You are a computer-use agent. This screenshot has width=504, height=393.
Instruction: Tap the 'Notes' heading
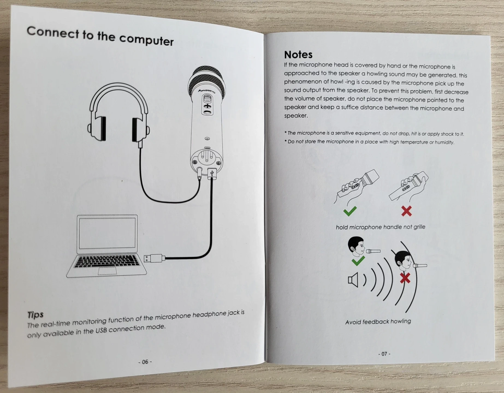(x=298, y=55)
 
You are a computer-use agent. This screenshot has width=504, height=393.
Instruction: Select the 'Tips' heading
(x=35, y=315)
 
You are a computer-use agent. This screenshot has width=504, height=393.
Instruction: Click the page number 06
(x=145, y=362)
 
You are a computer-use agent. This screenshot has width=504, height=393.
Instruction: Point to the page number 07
(x=384, y=354)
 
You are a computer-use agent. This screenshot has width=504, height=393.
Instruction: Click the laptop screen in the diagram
(x=107, y=233)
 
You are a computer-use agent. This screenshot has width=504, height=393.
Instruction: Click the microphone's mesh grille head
(x=207, y=79)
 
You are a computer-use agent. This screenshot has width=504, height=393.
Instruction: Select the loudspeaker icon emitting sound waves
(x=353, y=280)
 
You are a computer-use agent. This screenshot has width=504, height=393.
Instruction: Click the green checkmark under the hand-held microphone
(x=350, y=211)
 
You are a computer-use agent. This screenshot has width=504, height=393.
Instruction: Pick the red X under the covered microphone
(x=406, y=211)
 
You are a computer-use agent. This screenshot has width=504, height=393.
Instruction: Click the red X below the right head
(x=405, y=278)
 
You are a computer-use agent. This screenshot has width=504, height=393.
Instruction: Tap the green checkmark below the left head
(x=358, y=261)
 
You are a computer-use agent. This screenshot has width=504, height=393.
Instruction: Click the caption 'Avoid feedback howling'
(x=378, y=322)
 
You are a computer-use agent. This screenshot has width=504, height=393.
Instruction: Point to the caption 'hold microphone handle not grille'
(x=380, y=227)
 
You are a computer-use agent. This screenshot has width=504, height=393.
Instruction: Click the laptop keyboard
(x=107, y=261)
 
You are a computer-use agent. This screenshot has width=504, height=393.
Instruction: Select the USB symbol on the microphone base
(x=212, y=173)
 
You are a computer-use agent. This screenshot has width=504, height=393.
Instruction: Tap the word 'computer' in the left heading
(x=146, y=40)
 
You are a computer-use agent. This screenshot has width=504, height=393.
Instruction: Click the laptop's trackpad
(x=107, y=271)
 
